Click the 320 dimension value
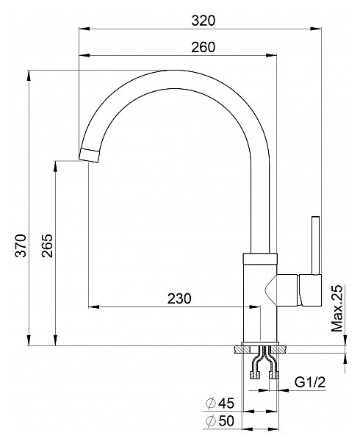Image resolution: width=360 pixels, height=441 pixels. pos(204,21)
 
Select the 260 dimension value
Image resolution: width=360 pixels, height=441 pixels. pos(204,47)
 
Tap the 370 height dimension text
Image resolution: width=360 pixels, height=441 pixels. pos(21,245)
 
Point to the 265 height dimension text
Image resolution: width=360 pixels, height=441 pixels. pos(47,245)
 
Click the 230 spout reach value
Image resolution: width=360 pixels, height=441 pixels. pos(179,298)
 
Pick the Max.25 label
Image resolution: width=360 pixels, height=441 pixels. pos(337,308)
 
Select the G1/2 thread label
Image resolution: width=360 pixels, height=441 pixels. pos(310,382)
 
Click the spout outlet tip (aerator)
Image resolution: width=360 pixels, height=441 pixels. pos(90,155)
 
